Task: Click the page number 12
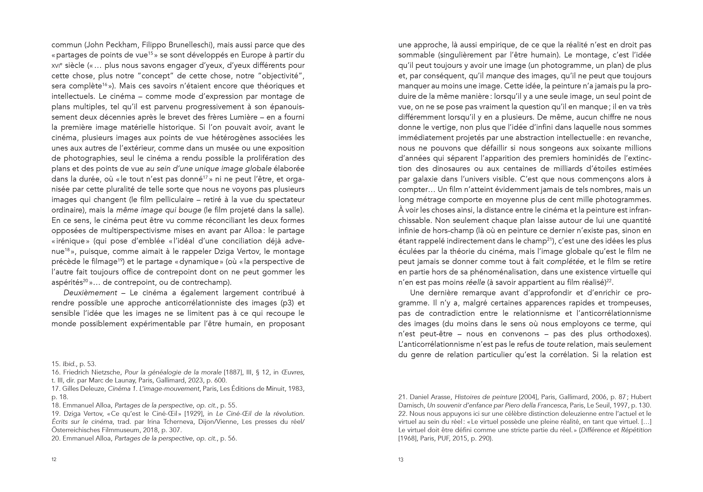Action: point(54,459)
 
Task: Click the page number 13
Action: point(401,459)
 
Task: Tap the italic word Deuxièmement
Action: point(90,293)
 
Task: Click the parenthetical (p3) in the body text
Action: point(287,303)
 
